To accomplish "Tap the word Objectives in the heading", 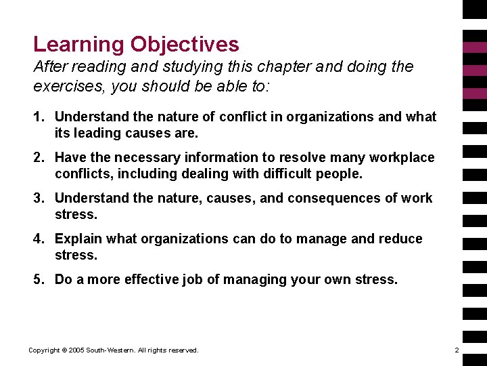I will (x=185, y=45).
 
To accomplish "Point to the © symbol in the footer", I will (x=64, y=350).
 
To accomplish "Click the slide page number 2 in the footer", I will (x=457, y=350).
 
